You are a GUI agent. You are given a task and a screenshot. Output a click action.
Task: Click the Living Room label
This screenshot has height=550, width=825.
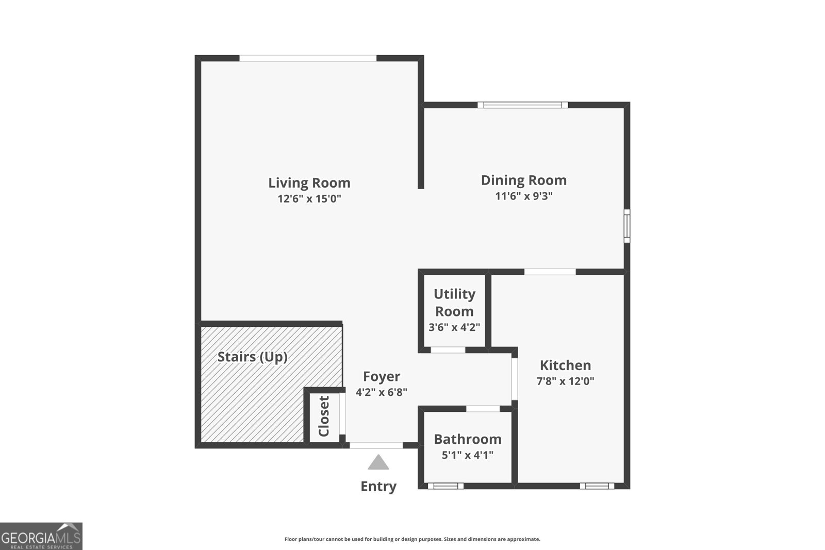click(309, 183)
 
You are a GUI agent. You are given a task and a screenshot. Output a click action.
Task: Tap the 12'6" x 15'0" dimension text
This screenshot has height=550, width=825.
click(309, 199)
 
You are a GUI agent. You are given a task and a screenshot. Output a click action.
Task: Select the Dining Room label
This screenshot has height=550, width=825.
click(523, 180)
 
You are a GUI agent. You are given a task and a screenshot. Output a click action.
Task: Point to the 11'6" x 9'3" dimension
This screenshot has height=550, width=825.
click(523, 196)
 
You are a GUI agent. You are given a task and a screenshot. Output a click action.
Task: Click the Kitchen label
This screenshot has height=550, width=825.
click(565, 365)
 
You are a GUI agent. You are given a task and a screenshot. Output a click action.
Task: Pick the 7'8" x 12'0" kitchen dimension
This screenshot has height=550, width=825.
click(565, 381)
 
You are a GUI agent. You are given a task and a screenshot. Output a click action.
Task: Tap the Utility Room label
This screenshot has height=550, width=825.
click(454, 303)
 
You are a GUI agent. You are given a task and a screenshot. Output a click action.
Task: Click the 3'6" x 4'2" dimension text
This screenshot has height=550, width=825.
click(454, 327)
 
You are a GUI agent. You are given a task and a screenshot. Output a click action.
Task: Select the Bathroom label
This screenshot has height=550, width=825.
click(467, 439)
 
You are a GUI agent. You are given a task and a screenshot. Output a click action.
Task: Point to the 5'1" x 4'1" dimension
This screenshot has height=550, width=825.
click(467, 455)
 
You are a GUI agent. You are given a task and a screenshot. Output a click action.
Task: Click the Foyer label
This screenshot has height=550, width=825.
click(382, 377)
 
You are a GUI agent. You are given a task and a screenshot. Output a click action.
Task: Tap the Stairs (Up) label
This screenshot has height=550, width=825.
click(252, 357)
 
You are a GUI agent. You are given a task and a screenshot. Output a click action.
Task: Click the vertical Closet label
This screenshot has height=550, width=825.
click(324, 416)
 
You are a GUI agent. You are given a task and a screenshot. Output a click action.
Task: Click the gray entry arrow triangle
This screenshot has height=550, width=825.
click(378, 463)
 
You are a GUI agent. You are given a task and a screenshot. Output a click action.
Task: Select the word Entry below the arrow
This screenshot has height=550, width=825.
click(378, 487)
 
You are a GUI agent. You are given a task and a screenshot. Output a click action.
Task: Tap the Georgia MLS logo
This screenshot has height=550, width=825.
click(41, 536)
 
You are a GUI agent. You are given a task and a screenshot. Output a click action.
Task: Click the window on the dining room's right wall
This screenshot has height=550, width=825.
click(627, 225)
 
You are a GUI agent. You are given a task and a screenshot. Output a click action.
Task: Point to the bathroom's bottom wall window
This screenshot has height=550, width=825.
click(445, 486)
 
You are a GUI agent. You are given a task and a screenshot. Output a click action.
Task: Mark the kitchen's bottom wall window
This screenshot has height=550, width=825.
click(597, 486)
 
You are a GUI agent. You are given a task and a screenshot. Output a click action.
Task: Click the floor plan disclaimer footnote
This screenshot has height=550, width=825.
click(412, 539)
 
